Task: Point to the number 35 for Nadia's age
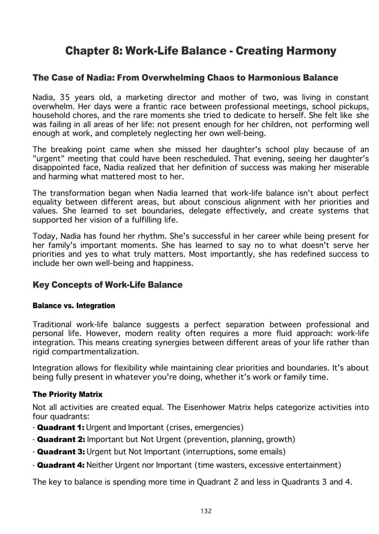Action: click(65, 97)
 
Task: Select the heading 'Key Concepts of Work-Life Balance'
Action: click(107, 285)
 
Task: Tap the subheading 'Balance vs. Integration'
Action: click(74, 305)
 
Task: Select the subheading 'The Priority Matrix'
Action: click(67, 394)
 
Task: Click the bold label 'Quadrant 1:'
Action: click(61, 427)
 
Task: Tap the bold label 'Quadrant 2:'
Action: click(61, 439)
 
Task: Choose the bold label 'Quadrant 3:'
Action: click(61, 452)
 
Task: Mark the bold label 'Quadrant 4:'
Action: click(61, 465)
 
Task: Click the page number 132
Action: click(206, 511)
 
